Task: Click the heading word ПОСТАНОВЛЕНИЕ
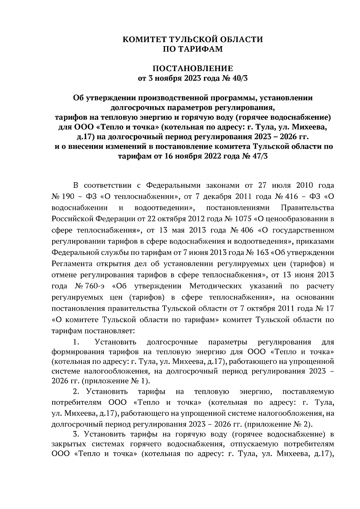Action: pyautogui.click(x=193, y=68)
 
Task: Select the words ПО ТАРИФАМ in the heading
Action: pyautogui.click(x=193, y=49)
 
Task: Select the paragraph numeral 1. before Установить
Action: pyautogui.click(x=76, y=342)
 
